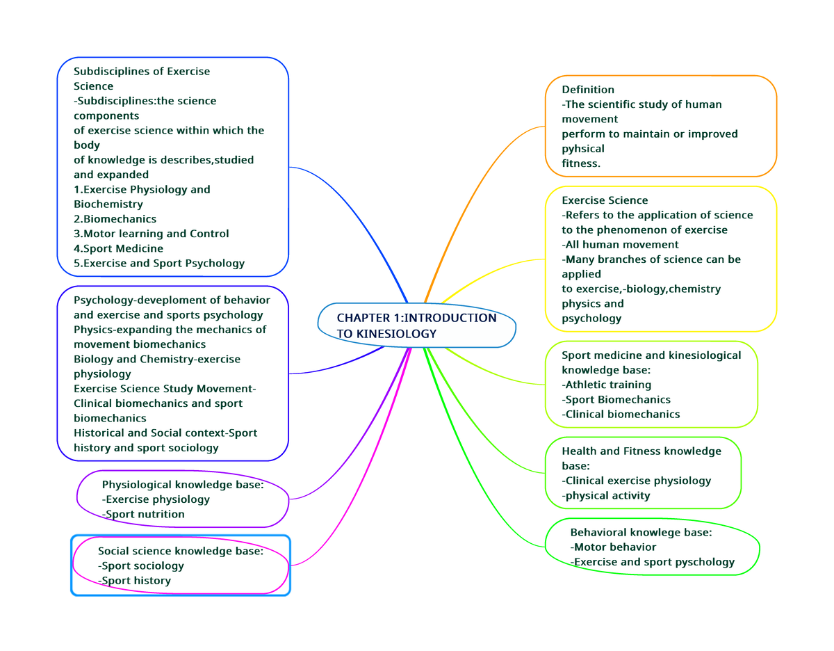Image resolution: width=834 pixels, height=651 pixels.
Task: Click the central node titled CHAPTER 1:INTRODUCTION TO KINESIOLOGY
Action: [x=416, y=325]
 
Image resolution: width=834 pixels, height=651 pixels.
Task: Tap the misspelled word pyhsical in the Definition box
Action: [x=582, y=149]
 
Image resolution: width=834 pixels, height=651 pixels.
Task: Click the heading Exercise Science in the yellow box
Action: [x=605, y=200]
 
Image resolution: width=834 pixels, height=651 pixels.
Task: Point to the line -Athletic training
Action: [x=607, y=385]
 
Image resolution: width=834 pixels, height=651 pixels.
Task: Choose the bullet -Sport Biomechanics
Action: [x=616, y=399]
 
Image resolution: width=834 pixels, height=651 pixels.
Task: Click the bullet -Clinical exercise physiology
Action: [x=637, y=481]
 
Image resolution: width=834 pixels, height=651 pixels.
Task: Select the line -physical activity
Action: [x=606, y=495]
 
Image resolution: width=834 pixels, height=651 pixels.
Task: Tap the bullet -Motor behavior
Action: [x=613, y=547]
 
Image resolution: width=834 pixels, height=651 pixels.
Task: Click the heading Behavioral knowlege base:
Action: [x=641, y=532]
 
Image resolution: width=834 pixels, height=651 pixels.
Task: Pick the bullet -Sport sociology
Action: [x=141, y=565]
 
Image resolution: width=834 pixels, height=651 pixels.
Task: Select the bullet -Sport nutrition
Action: [x=143, y=514]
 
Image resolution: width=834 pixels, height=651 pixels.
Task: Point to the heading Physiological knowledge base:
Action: [x=183, y=485]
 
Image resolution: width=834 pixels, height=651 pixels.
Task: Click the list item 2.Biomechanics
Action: [x=115, y=219]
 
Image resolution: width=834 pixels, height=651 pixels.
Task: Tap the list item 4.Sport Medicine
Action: [x=118, y=248]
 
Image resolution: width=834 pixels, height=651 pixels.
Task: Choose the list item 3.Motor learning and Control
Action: [x=151, y=234]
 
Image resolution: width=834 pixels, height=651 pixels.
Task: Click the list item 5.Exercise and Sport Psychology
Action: [x=159, y=263]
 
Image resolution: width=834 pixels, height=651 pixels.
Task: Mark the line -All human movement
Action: [x=620, y=244]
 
